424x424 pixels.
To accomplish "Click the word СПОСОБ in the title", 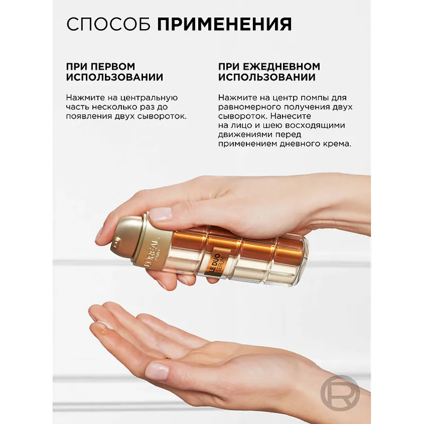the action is [x=109, y=24].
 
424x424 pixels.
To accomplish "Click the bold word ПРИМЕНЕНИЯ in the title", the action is [x=225, y=24].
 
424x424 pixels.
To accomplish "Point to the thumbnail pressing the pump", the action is [x=160, y=214].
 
